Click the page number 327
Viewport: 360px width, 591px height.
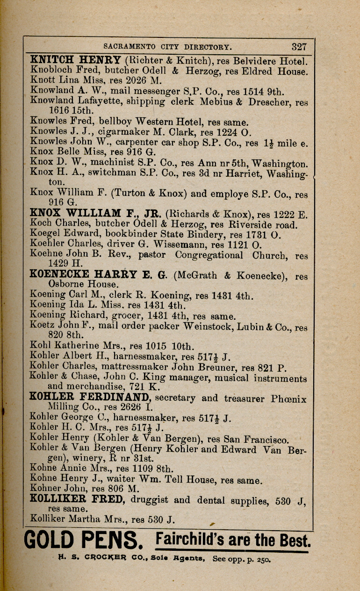pos(299,47)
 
